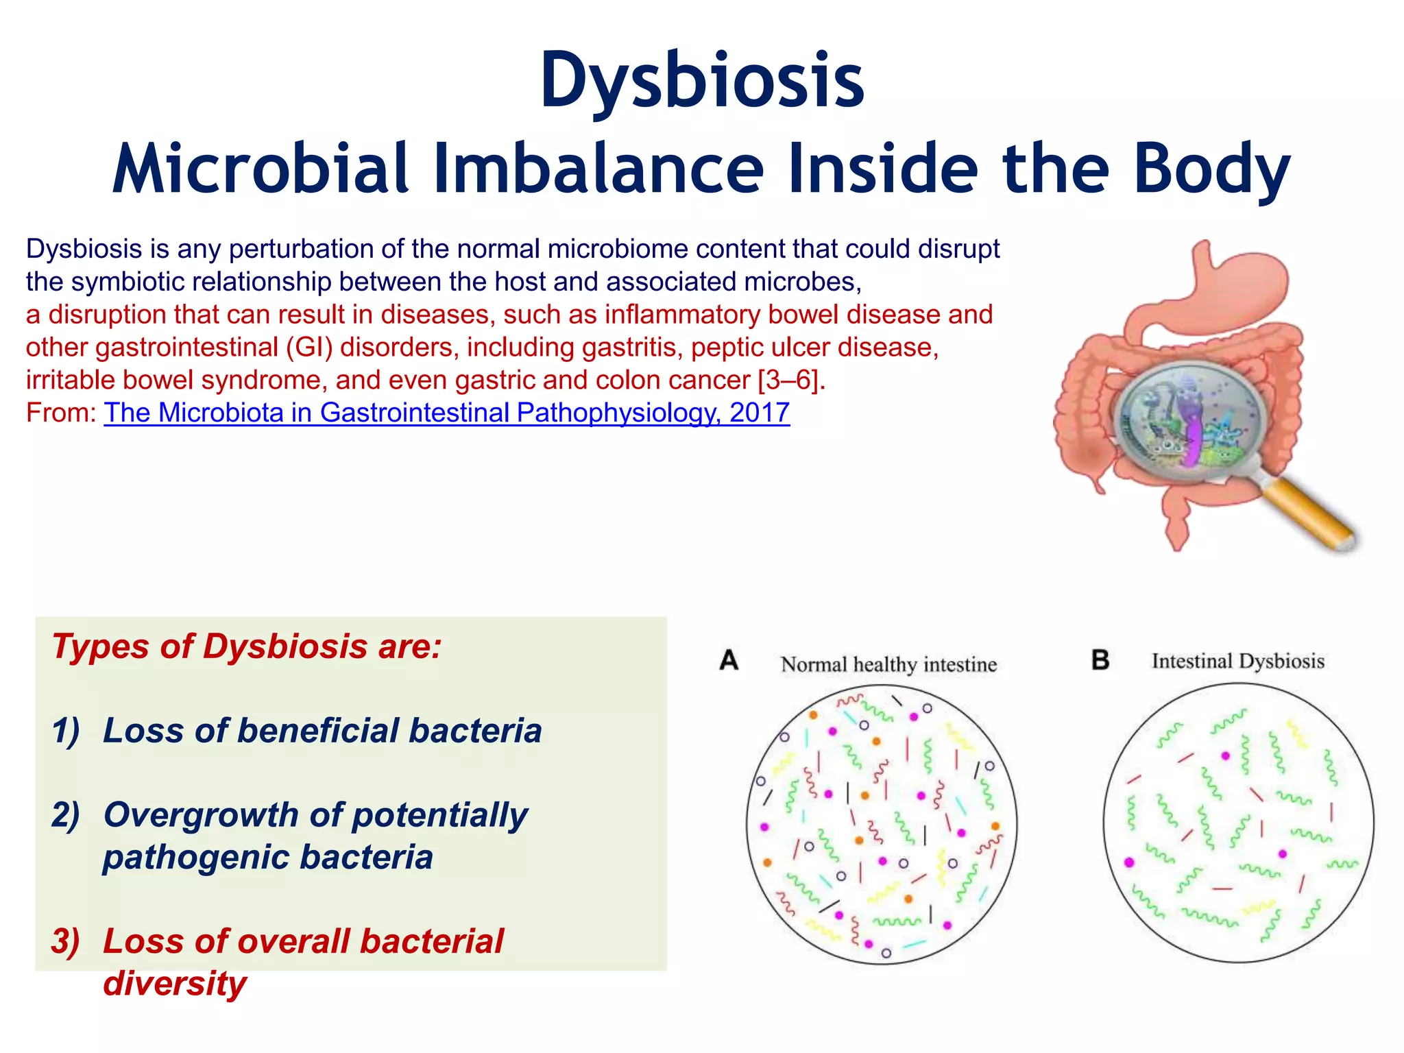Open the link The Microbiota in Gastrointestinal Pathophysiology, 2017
coord(446,413)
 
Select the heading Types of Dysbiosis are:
coord(247,646)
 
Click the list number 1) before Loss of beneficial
coord(66,731)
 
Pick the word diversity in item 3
coord(174,983)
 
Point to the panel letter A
coord(729,660)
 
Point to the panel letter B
coord(1100,660)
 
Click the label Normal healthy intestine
coord(888,664)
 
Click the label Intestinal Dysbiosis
coord(1237,661)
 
